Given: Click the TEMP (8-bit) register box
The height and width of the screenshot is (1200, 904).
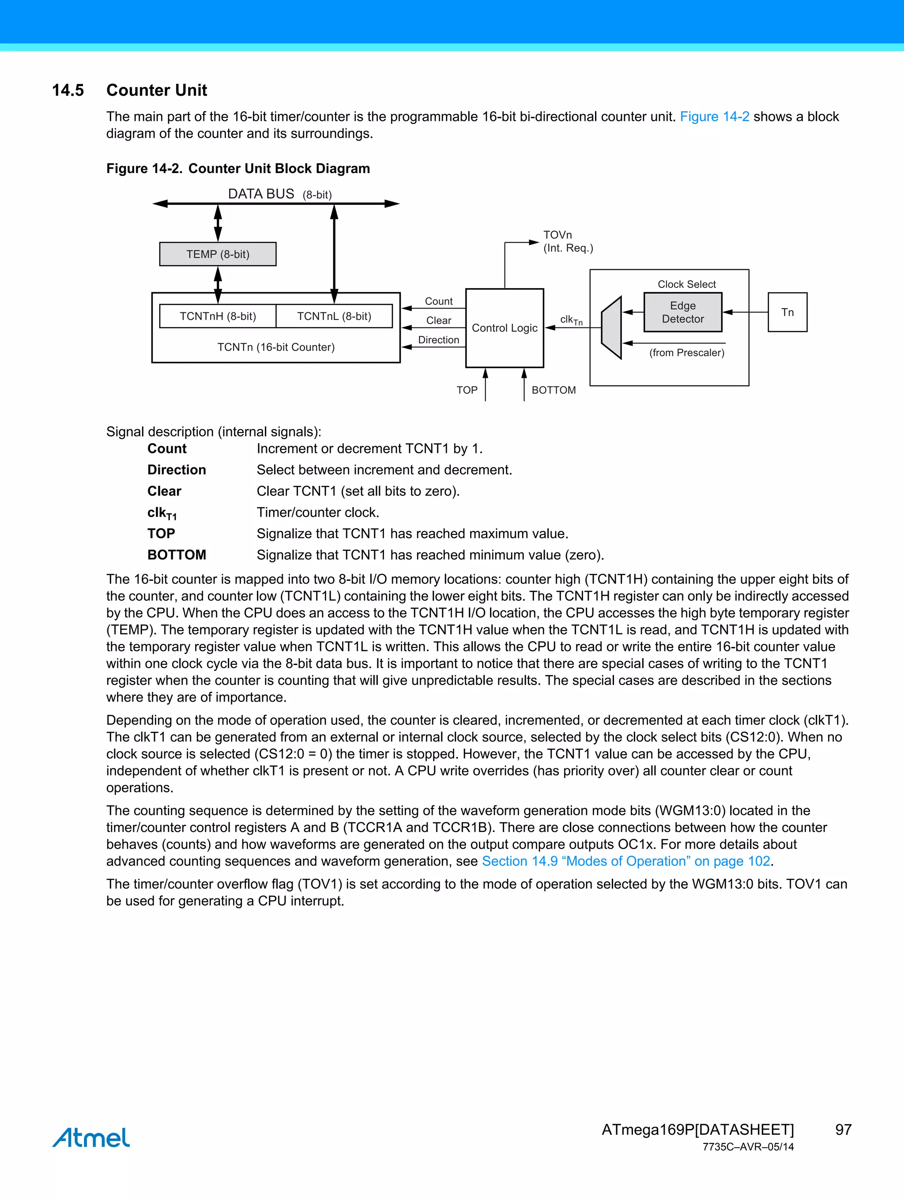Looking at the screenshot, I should tap(218, 254).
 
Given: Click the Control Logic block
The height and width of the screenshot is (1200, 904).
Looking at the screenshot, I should tap(504, 327).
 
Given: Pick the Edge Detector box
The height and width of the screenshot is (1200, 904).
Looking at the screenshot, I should tap(682, 312).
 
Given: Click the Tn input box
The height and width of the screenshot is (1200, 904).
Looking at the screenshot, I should tap(787, 312).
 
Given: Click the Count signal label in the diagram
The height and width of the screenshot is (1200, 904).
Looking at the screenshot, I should tap(438, 301).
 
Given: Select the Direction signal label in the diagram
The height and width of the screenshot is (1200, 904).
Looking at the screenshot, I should tap(438, 339).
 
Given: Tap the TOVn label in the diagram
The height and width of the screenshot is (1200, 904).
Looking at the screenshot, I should tap(557, 235).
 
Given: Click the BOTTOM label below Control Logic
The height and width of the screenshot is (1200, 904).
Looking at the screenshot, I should tap(554, 390).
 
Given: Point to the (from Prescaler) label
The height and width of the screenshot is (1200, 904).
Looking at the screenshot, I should tap(686, 353).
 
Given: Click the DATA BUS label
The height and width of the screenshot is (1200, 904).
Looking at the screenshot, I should tap(261, 194).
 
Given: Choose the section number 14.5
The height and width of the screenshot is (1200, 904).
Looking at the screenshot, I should tap(68, 90).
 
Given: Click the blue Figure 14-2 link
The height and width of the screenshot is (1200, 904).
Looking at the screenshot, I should tap(714, 117).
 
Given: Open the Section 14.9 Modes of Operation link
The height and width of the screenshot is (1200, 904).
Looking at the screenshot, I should tap(625, 861).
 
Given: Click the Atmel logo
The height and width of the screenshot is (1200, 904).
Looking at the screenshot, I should tap(91, 1137).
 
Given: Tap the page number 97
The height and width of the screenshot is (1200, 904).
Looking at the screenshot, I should tap(843, 1129).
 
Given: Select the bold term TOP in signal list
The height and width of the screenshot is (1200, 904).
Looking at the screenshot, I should tap(161, 533).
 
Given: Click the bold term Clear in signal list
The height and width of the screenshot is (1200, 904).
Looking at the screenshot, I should tap(164, 491).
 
